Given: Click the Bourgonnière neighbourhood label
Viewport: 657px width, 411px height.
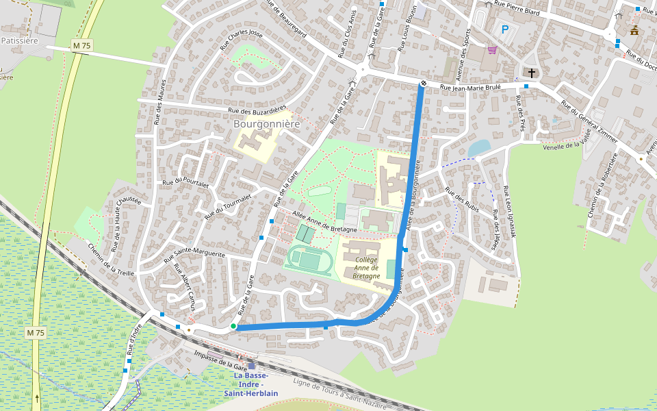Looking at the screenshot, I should (267, 124).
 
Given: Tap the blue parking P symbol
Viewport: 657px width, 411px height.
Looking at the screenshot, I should (505, 29).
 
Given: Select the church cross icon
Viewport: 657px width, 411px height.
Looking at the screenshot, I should (532, 72).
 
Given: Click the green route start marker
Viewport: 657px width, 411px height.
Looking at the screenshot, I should (233, 326).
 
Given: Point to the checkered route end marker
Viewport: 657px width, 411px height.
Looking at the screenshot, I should (424, 84).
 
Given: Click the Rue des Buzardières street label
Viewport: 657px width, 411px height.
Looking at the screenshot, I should (258, 110).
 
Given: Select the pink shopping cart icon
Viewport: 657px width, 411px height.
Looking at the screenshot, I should (492, 49).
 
